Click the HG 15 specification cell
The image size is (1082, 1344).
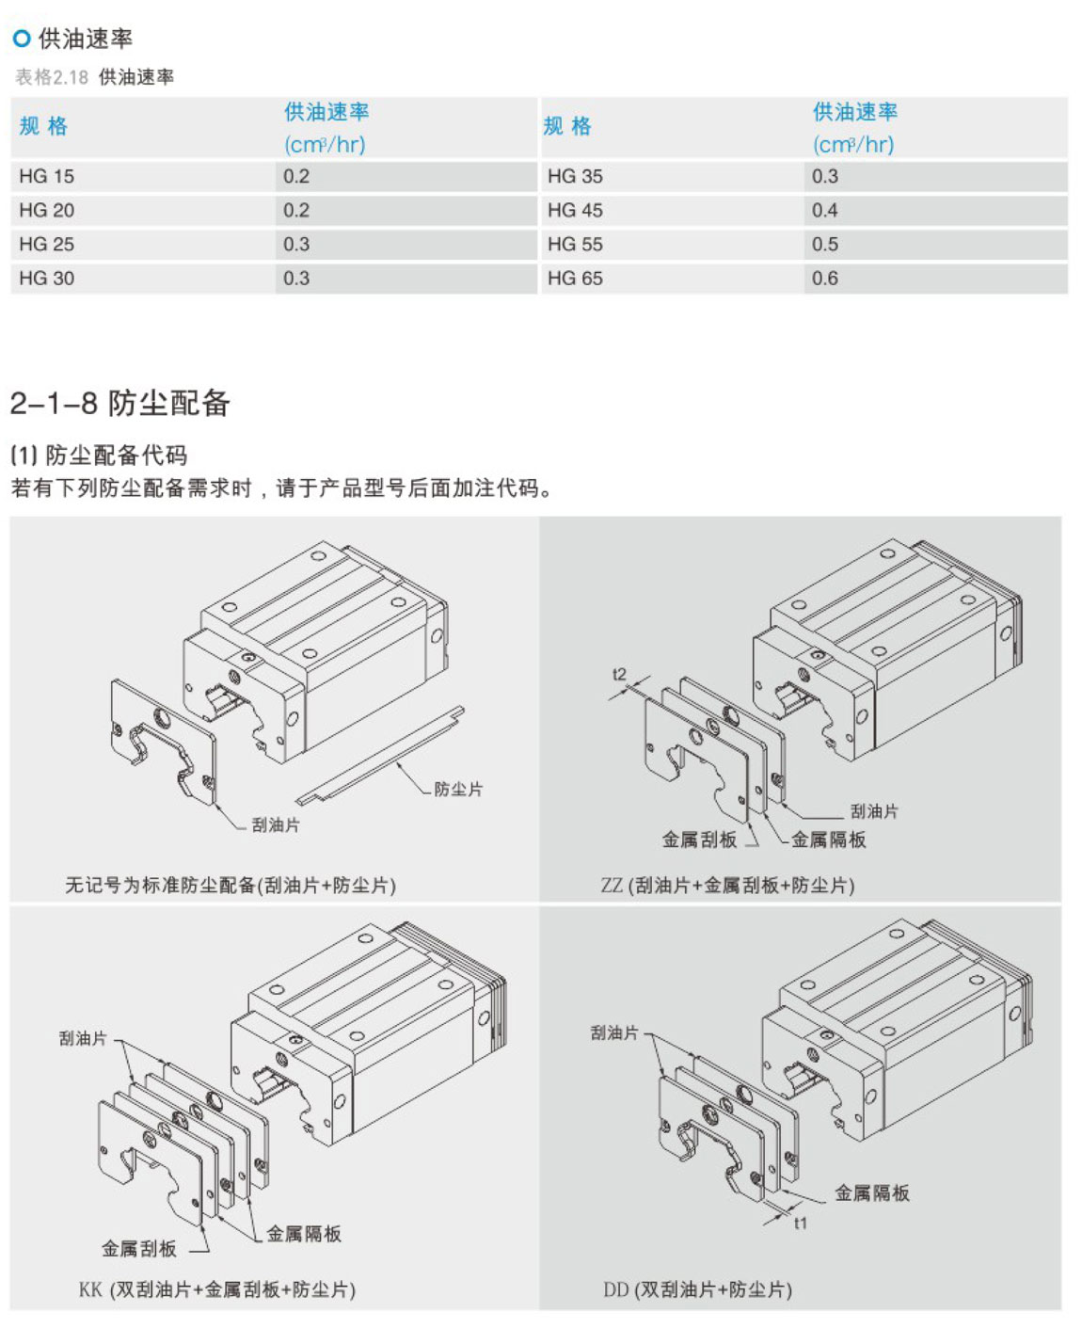pos(47,177)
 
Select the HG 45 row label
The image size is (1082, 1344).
pos(575,211)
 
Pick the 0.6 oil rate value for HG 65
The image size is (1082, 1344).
pos(824,279)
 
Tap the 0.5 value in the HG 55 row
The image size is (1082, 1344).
pos(824,245)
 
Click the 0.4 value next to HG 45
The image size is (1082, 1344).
pos(824,211)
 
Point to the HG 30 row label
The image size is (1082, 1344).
pos(47,279)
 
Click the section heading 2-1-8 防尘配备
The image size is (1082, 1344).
pos(119,403)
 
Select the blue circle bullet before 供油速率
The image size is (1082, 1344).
pos(22,39)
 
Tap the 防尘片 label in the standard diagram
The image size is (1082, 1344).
pos(458,790)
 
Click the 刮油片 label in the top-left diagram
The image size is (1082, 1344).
pos(276,825)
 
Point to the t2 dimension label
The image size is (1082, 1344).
pos(618,674)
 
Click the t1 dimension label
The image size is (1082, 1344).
pos(800,1224)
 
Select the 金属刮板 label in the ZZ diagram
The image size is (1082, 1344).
pos(699,840)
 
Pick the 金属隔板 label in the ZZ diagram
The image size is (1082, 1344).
pos(828,840)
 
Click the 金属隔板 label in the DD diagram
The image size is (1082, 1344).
pos(872,1192)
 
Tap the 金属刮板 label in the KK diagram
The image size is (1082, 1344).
pos(139,1249)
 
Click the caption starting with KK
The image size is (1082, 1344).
pos(217,1289)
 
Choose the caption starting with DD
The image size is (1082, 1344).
pos(697,1289)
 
